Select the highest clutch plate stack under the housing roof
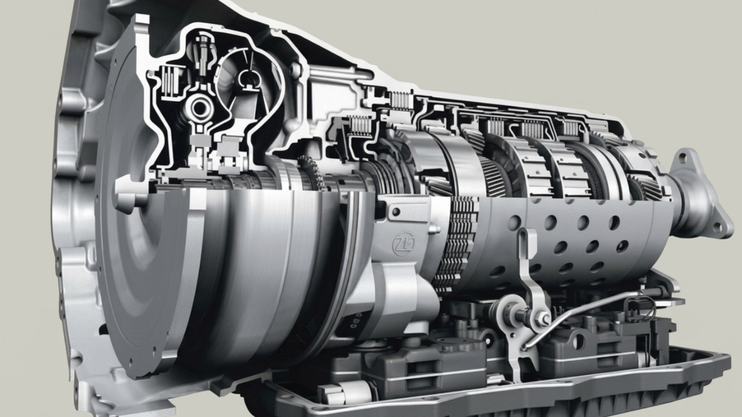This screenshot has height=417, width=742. pyautogui.click(x=401, y=100)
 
